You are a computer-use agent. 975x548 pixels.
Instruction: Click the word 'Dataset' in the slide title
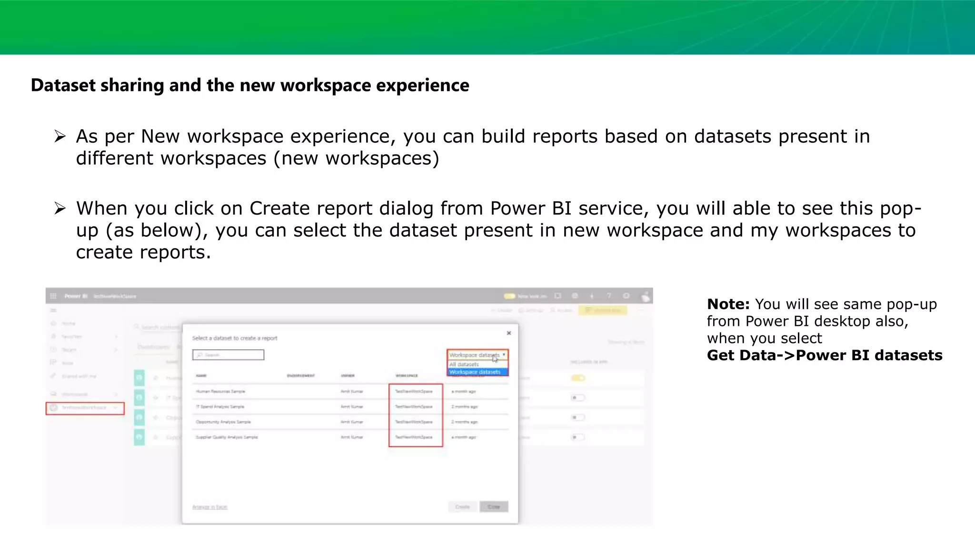pos(63,86)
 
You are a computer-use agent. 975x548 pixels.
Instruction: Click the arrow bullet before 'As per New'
pos(60,137)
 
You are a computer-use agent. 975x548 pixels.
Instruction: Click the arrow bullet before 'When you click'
pos(60,208)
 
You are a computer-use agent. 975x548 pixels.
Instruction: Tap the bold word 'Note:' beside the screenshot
pos(728,304)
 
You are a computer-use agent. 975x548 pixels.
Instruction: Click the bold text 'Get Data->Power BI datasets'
pos(824,355)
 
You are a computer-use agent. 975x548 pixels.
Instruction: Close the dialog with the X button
pos(509,333)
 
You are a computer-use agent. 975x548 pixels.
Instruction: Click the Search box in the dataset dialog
pos(229,355)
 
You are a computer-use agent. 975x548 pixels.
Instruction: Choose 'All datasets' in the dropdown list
pos(464,364)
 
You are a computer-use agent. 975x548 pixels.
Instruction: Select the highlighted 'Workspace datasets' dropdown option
pos(475,372)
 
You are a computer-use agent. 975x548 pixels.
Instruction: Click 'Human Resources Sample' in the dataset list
pos(220,391)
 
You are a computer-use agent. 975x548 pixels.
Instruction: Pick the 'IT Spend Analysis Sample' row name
pos(220,407)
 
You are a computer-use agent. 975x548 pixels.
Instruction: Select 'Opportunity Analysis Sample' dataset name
pos(223,422)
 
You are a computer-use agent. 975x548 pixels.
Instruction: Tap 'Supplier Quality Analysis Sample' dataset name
pos(227,437)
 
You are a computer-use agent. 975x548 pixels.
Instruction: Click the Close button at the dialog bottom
pos(494,507)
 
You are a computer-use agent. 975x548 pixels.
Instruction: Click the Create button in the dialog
pos(462,507)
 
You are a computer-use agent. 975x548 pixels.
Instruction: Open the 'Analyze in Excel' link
pos(210,507)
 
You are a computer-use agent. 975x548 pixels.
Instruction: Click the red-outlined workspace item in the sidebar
pos(85,408)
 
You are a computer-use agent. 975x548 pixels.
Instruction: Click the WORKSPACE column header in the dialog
pos(407,376)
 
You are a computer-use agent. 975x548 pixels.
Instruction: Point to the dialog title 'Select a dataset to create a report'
pos(235,338)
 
